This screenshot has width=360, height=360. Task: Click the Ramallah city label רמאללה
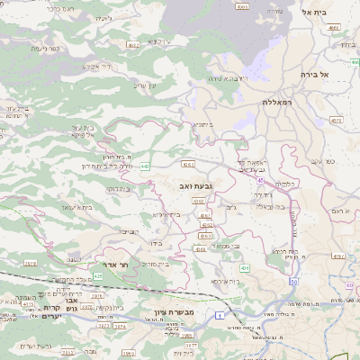[x=280, y=102]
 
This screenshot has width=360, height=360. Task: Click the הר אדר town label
[x=118, y=265]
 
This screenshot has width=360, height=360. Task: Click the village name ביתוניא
[x=202, y=124]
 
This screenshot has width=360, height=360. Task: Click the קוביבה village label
[x=128, y=231]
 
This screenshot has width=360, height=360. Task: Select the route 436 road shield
[x=244, y=268]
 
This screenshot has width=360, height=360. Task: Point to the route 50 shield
[x=293, y=282]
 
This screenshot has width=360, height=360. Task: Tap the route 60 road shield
[x=261, y=180]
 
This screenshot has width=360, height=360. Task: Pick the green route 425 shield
[x=97, y=277]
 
